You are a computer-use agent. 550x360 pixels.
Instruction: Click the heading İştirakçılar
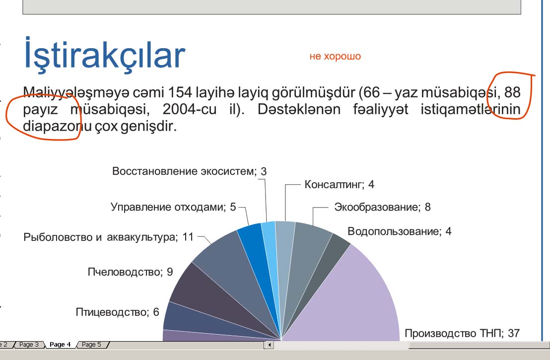(104, 55)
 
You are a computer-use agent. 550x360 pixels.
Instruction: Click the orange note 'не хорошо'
(335, 56)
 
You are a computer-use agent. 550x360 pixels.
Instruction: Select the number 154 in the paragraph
(180, 92)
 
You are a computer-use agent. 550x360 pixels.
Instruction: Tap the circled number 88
(512, 92)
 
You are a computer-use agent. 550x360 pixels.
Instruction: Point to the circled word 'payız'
(40, 110)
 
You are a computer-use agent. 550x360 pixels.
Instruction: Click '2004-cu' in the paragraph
(190, 109)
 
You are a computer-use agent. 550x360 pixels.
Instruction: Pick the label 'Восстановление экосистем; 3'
(190, 171)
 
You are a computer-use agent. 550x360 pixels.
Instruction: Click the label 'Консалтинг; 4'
(339, 185)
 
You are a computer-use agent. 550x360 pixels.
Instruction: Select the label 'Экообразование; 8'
(382, 207)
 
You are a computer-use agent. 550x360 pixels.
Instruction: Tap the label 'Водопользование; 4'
(400, 231)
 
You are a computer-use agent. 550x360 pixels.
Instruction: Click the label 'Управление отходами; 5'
(173, 207)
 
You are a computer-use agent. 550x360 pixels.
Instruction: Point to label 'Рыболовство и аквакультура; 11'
(108, 237)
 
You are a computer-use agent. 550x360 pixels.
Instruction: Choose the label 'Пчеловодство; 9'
(130, 272)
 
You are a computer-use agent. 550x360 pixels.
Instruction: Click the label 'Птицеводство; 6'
(118, 312)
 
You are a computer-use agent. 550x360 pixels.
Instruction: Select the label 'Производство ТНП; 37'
(462, 333)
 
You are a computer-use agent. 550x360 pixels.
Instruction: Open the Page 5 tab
(91, 345)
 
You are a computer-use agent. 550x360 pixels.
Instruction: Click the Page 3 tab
(29, 345)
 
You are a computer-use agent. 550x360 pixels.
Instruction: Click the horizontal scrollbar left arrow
(270, 345)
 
